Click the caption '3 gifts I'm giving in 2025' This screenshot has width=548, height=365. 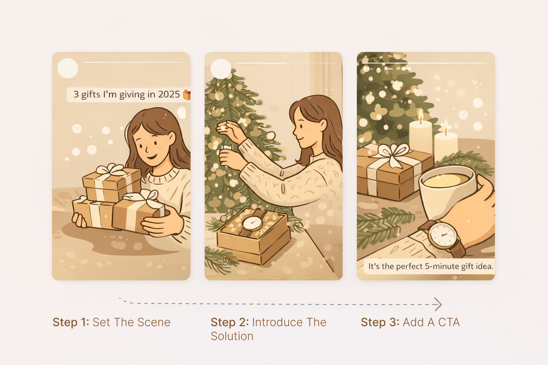(x=126, y=94)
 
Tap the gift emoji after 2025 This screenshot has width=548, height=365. (x=187, y=95)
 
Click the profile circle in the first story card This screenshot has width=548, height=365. (x=68, y=68)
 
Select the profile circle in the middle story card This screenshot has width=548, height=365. (x=221, y=69)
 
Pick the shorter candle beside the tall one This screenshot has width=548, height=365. (x=446, y=144)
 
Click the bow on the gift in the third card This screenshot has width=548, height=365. (x=392, y=154)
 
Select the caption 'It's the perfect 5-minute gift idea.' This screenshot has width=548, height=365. (x=430, y=266)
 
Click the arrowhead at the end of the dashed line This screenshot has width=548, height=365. (x=438, y=304)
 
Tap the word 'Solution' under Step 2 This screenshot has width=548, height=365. (x=232, y=336)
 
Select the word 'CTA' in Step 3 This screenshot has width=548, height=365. (x=449, y=322)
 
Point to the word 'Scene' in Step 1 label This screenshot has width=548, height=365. (x=154, y=322)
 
